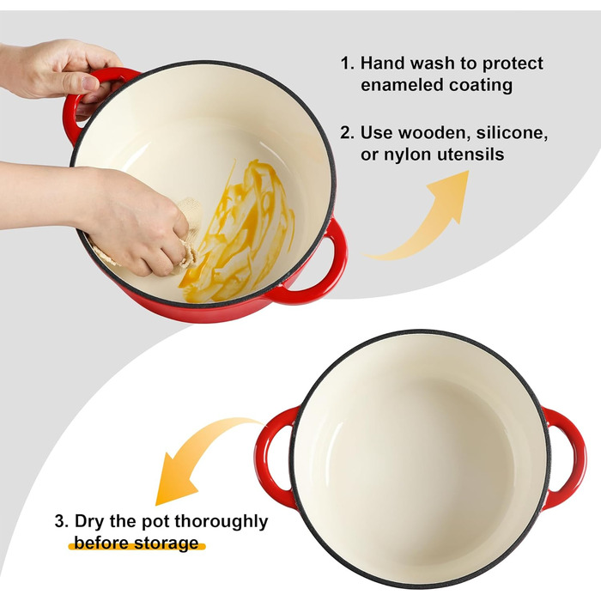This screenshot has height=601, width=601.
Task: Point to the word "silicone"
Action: click(x=512, y=133)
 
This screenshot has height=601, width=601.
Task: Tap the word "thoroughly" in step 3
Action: click(x=222, y=522)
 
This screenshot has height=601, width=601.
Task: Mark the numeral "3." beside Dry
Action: click(x=62, y=521)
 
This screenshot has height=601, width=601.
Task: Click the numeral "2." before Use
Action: click(x=347, y=133)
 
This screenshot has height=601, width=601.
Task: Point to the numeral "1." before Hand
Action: click(x=348, y=64)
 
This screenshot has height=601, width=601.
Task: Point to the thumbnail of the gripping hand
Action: click(x=91, y=82)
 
